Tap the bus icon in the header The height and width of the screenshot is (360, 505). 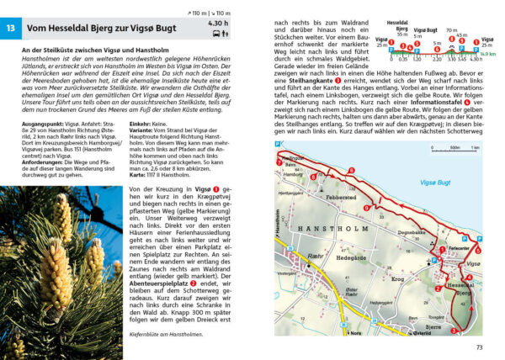click(217, 35)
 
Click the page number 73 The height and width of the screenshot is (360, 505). click(479, 347)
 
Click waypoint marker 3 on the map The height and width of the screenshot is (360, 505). click(454, 331)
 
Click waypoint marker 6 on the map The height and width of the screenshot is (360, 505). click(478, 250)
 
